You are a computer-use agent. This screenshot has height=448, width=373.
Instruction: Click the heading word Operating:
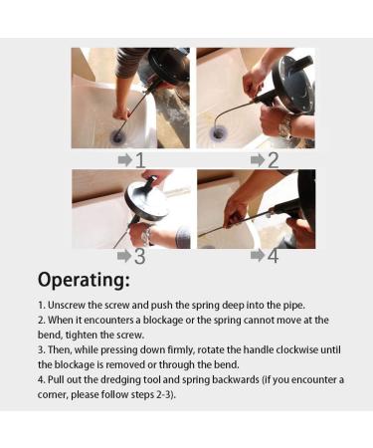tap(84, 280)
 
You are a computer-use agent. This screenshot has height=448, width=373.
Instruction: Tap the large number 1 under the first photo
tap(140, 160)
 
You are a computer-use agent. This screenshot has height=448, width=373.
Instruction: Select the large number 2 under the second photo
tap(273, 160)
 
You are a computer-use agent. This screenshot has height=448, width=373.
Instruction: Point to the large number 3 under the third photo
tap(140, 257)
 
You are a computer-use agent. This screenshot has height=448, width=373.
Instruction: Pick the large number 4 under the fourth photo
tap(273, 257)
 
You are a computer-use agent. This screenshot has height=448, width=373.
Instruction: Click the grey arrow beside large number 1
tap(125, 160)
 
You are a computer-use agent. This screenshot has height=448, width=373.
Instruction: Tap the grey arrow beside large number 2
tap(258, 160)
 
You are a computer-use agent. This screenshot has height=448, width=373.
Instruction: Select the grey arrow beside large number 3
tap(124, 256)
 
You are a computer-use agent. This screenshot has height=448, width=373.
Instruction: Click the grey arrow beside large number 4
tap(258, 255)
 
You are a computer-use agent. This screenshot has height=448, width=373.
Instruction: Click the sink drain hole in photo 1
tap(117, 136)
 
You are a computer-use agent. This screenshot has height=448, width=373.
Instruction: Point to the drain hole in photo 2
tap(218, 134)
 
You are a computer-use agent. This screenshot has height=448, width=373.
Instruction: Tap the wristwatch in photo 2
tap(285, 126)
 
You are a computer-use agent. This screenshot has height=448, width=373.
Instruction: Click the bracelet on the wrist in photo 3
tap(146, 235)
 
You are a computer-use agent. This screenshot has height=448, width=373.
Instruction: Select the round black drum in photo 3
tap(147, 198)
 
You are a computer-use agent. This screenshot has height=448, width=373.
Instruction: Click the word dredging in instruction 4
tap(120, 379)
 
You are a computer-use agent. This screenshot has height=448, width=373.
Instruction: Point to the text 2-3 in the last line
tap(162, 395)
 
